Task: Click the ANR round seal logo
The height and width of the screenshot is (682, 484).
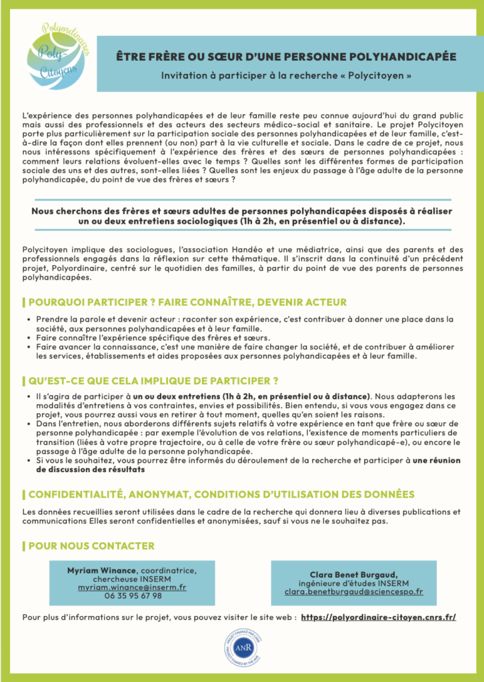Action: (x=241, y=648)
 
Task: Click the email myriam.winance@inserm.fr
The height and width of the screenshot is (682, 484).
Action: (x=131, y=587)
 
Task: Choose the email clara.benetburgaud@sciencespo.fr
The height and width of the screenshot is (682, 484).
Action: (x=353, y=591)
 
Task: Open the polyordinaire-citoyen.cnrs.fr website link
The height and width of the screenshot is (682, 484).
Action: (x=379, y=617)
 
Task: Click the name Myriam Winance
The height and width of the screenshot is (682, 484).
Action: (x=101, y=571)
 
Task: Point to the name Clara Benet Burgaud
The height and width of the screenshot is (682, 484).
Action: (x=353, y=574)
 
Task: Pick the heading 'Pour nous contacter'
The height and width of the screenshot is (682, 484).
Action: (x=91, y=546)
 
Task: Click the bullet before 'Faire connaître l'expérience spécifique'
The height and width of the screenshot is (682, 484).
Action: (x=30, y=338)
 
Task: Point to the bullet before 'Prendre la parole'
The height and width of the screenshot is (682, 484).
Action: (x=30, y=319)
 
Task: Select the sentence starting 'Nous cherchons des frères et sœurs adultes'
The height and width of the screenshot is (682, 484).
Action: (x=241, y=215)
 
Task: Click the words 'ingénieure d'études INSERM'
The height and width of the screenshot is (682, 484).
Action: (x=353, y=583)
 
